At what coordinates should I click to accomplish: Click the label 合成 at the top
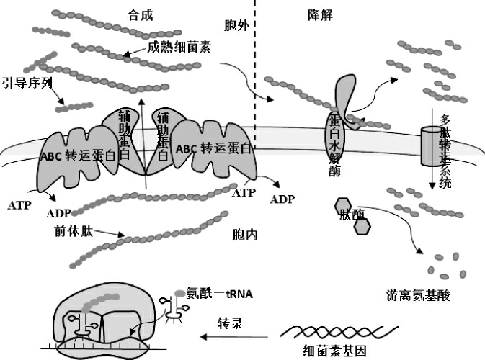tap(141, 15)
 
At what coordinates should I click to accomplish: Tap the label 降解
tap(318, 15)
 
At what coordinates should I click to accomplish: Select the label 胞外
tap(236, 27)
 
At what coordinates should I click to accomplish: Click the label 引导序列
tap(27, 82)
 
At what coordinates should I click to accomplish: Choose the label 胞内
tap(246, 235)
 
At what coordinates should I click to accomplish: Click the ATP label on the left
tap(20, 205)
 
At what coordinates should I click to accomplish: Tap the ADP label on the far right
tap(282, 199)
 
